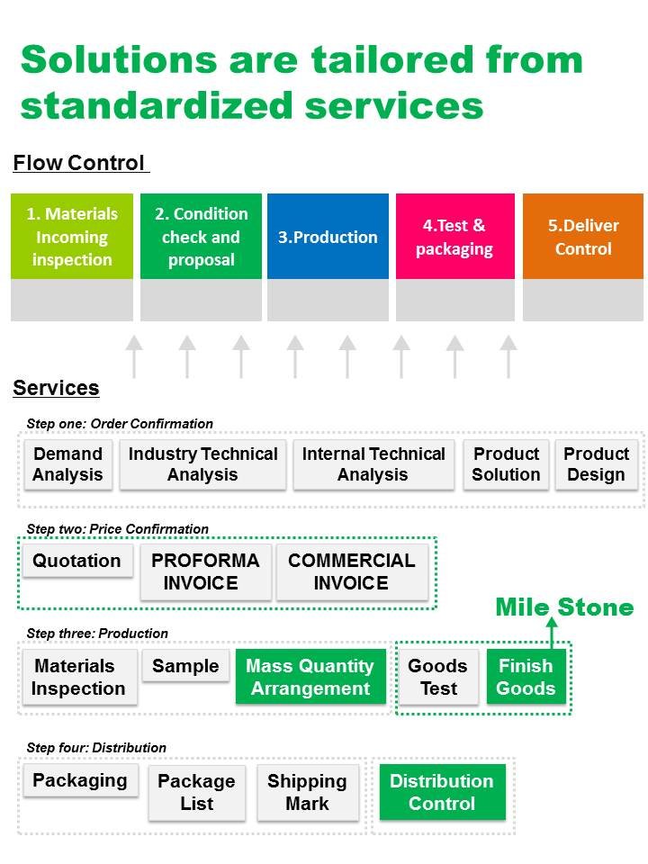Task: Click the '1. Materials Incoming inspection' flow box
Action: click(x=72, y=237)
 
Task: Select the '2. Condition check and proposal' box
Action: click(x=201, y=237)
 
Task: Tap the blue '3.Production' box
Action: click(x=328, y=237)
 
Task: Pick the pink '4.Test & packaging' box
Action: click(x=454, y=237)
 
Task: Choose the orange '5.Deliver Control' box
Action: click(x=583, y=237)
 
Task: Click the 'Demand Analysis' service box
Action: click(x=68, y=464)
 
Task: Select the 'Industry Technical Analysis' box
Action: click(x=202, y=464)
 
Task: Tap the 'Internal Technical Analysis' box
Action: click(x=373, y=464)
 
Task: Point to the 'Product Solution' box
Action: click(x=506, y=464)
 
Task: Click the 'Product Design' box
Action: click(x=596, y=464)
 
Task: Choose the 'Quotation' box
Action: click(x=76, y=561)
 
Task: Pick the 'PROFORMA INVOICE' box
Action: click(x=205, y=571)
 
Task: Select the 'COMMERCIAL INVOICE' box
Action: click(x=352, y=571)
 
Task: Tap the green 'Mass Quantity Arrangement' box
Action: click(x=310, y=677)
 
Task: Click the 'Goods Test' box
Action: click(x=438, y=677)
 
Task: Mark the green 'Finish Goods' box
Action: click(x=526, y=677)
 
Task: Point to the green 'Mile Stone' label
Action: click(x=564, y=607)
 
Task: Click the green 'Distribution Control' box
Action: click(x=441, y=791)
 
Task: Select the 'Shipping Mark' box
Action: click(x=307, y=792)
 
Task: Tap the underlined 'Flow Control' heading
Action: click(x=79, y=163)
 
